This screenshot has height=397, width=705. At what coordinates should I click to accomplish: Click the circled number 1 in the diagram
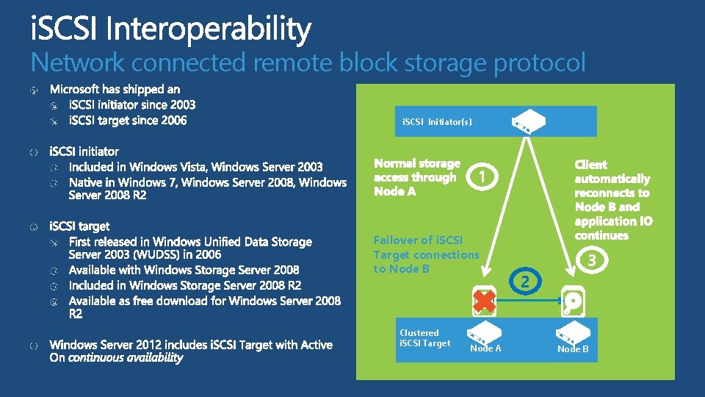click(479, 177)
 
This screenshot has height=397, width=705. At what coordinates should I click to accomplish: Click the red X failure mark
click(483, 300)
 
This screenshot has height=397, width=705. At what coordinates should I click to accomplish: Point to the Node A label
click(485, 348)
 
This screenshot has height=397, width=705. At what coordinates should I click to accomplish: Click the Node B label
click(573, 349)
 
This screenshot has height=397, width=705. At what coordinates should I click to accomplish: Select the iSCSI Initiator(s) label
click(437, 122)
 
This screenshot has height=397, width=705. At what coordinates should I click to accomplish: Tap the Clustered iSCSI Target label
click(424, 338)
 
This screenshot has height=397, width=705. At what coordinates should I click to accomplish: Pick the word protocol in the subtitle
click(540, 63)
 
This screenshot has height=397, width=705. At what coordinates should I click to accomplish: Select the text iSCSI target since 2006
click(128, 120)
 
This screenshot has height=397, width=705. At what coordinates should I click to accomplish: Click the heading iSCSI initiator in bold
click(84, 152)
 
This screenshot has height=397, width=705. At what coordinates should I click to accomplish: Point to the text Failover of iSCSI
click(418, 240)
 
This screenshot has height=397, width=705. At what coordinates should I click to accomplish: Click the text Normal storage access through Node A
click(417, 177)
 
